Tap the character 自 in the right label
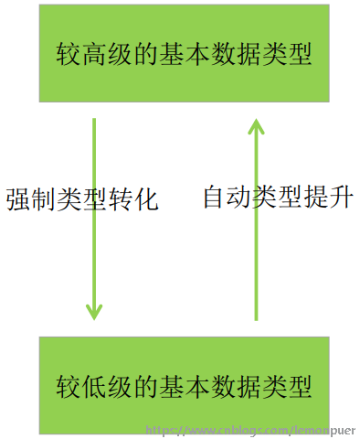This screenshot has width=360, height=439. [216, 198]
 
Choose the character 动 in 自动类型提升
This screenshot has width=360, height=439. [241, 198]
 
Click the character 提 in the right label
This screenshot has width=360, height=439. [317, 198]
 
